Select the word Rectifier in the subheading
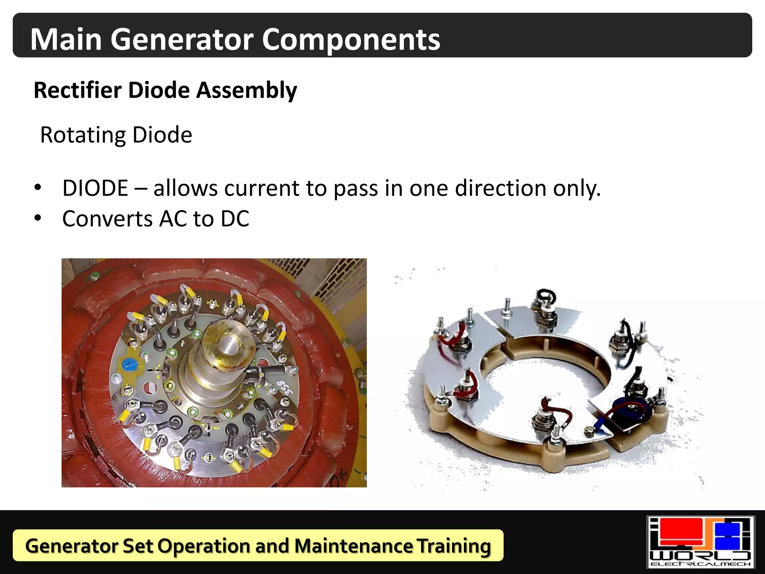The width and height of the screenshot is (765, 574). (x=78, y=90)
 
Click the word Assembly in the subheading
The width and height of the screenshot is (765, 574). (x=247, y=91)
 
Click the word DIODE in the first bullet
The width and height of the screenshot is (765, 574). (x=95, y=188)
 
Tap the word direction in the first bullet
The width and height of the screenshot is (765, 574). (x=501, y=188)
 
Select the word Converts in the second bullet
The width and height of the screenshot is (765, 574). (x=107, y=219)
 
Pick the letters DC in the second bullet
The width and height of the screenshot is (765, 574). (x=235, y=219)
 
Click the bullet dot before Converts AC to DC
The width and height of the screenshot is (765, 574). (x=38, y=218)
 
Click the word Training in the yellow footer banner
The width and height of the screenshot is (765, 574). (x=454, y=546)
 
